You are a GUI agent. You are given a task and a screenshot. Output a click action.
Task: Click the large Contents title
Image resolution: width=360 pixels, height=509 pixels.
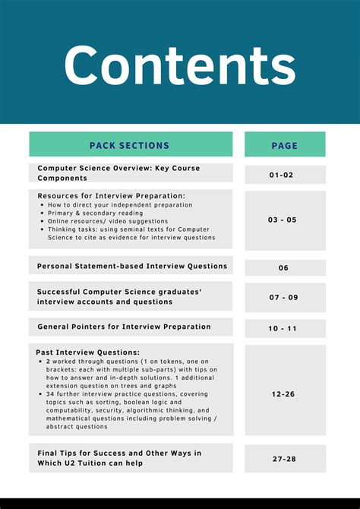click(x=180, y=65)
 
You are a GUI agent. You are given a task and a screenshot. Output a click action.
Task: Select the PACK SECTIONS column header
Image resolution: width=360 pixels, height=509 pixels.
click(x=130, y=145)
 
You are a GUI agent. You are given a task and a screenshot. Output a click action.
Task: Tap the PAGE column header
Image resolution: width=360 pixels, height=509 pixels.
click(x=285, y=145)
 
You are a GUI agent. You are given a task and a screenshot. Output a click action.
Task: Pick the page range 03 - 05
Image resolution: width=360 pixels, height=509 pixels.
click(x=283, y=220)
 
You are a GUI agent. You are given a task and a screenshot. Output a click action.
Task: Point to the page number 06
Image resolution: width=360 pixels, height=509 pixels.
click(x=284, y=267)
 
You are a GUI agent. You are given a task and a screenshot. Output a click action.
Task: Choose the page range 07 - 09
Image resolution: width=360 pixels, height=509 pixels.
click(x=284, y=297)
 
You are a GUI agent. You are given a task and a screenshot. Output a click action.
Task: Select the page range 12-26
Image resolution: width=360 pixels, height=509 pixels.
click(x=284, y=394)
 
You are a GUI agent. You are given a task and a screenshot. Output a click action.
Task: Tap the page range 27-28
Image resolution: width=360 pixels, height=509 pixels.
click(x=284, y=459)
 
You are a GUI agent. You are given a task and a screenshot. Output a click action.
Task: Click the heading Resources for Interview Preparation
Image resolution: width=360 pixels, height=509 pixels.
click(x=111, y=196)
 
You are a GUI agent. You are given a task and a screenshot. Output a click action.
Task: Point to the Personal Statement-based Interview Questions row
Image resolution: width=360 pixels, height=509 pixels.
click(x=132, y=266)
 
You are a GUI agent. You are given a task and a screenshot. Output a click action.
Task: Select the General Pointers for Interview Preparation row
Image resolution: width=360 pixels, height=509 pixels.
click(x=124, y=327)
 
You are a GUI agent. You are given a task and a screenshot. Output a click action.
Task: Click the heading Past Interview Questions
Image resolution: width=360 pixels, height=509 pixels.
click(x=88, y=353)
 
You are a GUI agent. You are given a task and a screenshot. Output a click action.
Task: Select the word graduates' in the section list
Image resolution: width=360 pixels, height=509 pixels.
click(x=182, y=291)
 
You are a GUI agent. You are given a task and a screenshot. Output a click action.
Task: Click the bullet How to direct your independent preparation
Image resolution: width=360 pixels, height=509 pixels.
click(x=118, y=205)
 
